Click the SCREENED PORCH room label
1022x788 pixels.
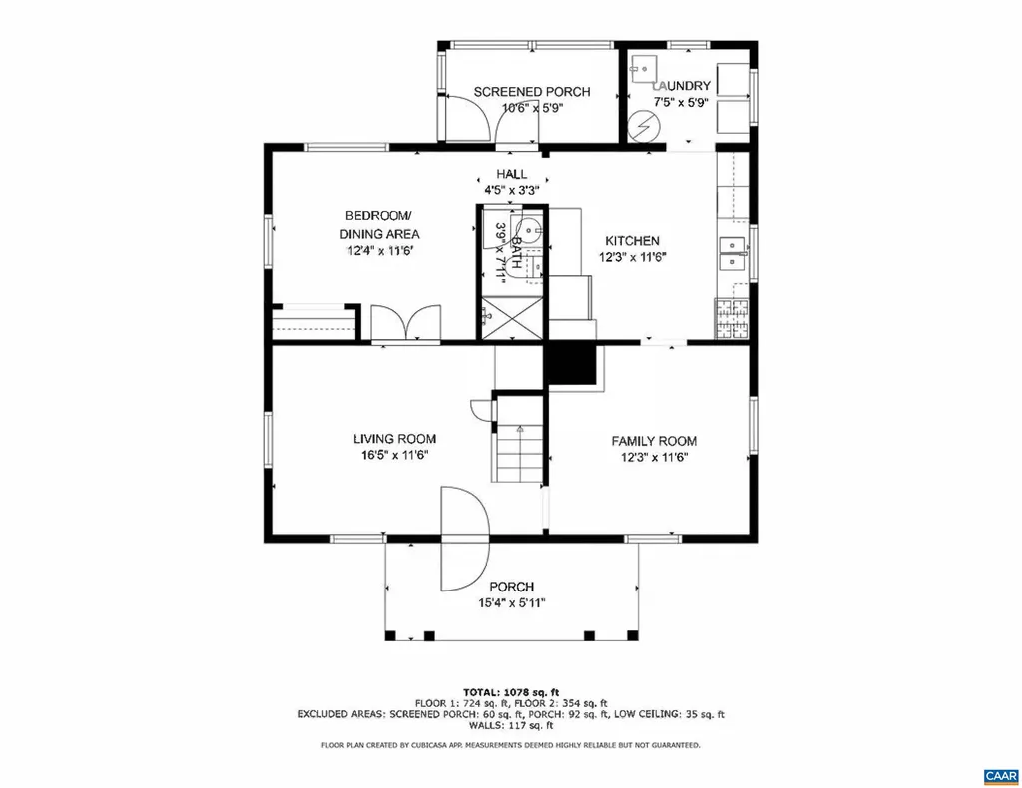point(531,92)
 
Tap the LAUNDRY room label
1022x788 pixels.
point(682,86)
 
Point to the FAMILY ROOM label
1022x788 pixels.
point(654,441)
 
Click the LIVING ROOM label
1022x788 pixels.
point(394,439)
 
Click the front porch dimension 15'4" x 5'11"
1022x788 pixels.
point(511,602)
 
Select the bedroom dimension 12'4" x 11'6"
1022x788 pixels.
point(381,251)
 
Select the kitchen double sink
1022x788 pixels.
point(734,253)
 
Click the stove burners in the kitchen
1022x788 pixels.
point(732,317)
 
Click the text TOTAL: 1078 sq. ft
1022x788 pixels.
point(510,692)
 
